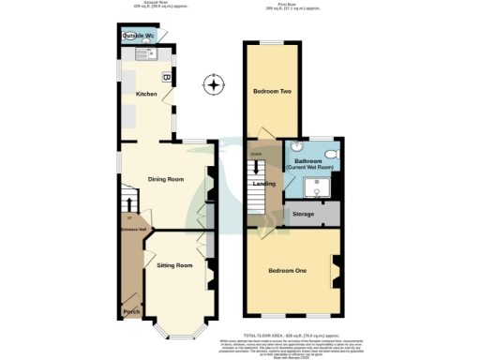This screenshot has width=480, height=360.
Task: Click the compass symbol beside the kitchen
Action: point(215,86)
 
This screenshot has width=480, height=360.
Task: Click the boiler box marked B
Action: point(167,78)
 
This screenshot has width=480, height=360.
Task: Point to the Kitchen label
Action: point(147,95)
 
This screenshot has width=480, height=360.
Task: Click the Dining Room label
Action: point(166,178)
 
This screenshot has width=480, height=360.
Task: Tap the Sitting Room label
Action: point(174,266)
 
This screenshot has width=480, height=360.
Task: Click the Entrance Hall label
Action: point(129,228)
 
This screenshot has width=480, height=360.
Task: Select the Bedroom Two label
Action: point(271,92)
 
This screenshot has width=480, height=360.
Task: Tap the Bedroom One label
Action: point(287,271)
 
